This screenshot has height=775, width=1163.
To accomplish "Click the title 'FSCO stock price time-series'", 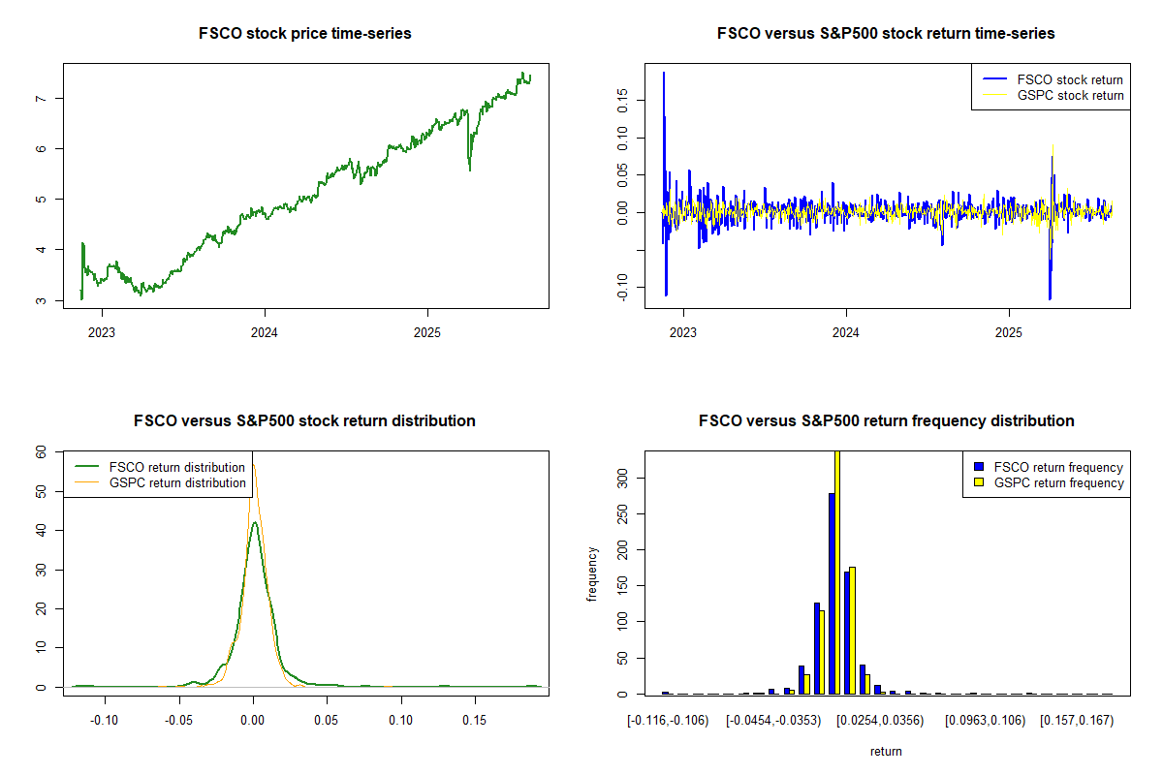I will pyautogui.click(x=305, y=34).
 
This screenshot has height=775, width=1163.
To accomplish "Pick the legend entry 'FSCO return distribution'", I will pyautogui.click(x=177, y=467).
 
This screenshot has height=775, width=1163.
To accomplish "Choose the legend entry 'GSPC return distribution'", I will pyautogui.click(x=177, y=482).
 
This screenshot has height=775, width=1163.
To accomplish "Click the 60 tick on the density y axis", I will pyautogui.click(x=41, y=451).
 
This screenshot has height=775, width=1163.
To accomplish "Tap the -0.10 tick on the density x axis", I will pyautogui.click(x=105, y=721).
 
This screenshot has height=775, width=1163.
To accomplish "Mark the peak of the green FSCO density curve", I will pyautogui.click(x=254, y=523).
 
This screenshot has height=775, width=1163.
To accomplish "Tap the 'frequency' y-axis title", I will pyautogui.click(x=592, y=573).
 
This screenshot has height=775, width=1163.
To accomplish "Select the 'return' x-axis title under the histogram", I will pyautogui.click(x=886, y=751).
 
